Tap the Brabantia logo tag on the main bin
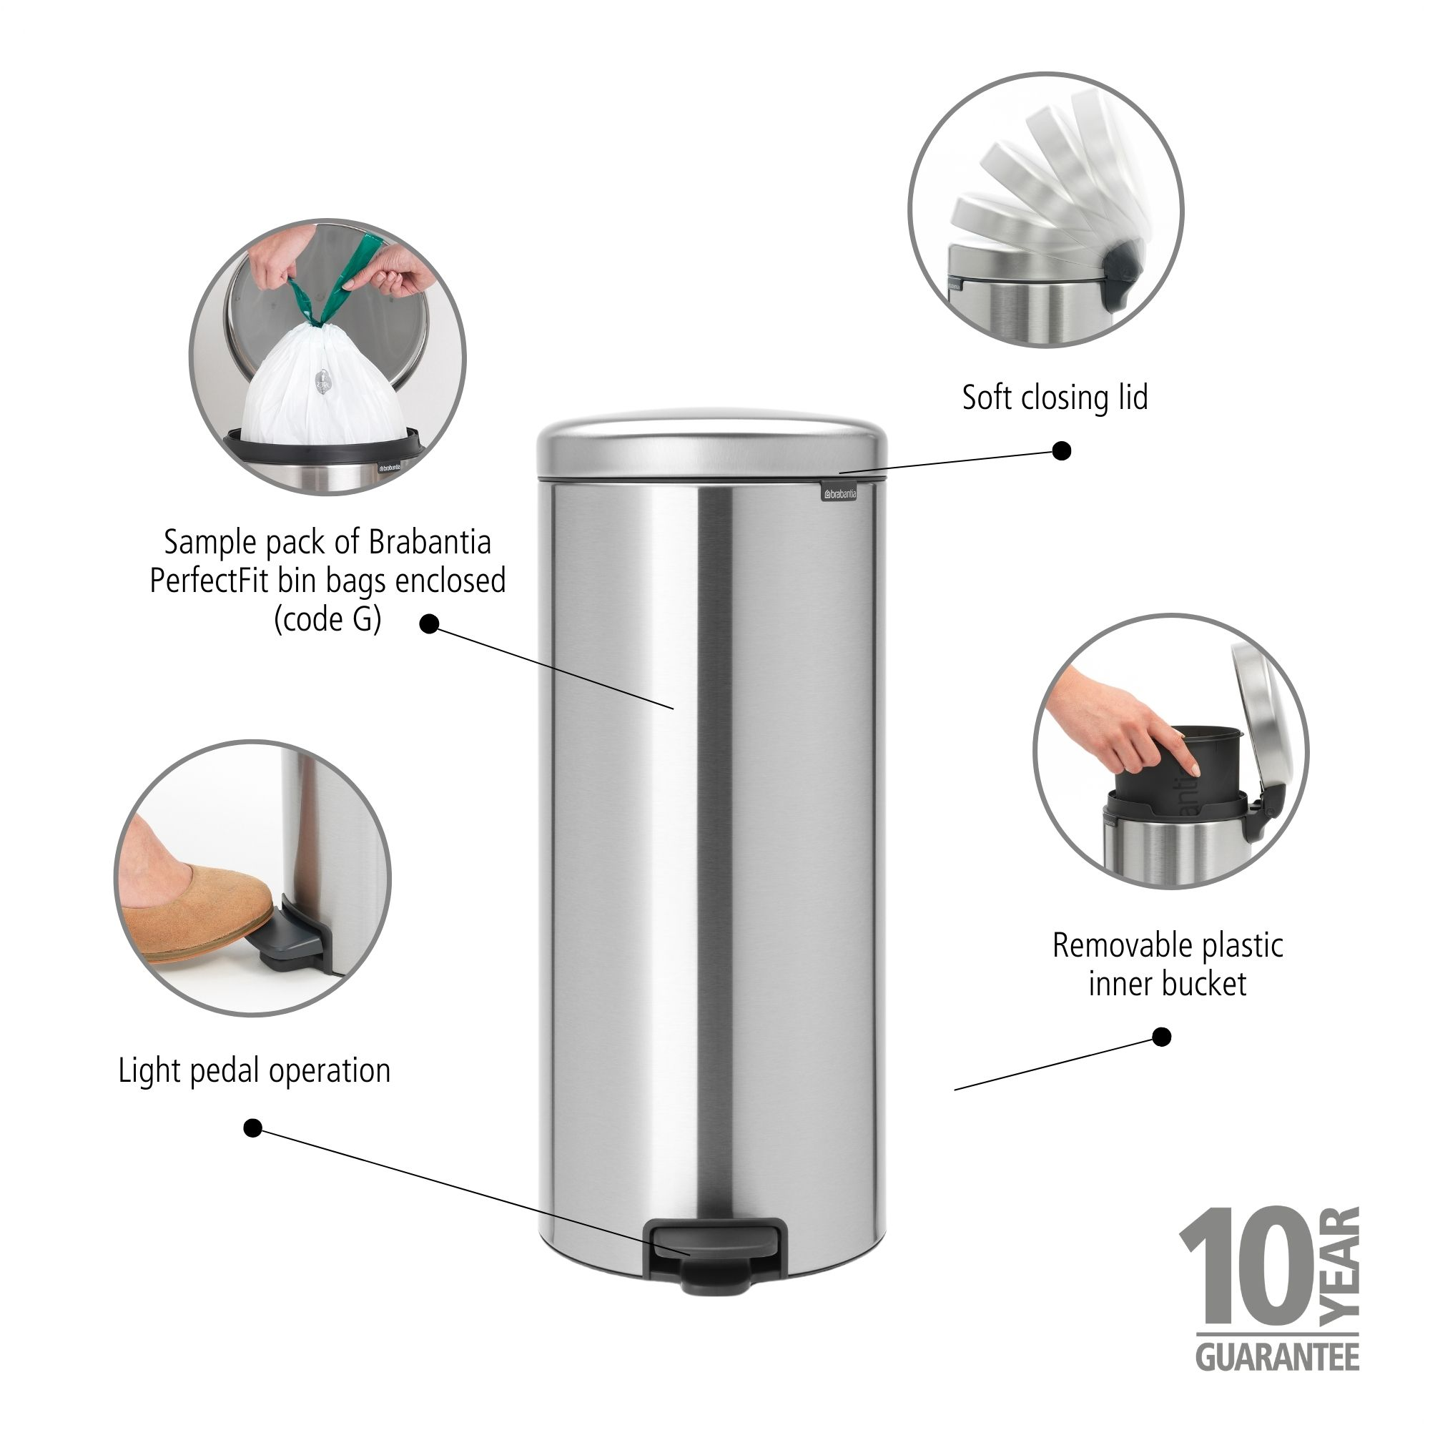(x=838, y=492)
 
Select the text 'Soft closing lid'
(x=1054, y=398)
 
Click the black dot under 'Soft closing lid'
(x=1061, y=450)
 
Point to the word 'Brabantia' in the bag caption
(x=429, y=543)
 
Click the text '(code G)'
(x=327, y=619)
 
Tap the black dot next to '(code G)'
(x=429, y=624)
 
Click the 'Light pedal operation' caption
(x=254, y=1071)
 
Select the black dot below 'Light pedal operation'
(x=253, y=1129)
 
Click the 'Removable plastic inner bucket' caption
(x=1168, y=965)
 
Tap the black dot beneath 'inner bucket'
(x=1162, y=1037)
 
